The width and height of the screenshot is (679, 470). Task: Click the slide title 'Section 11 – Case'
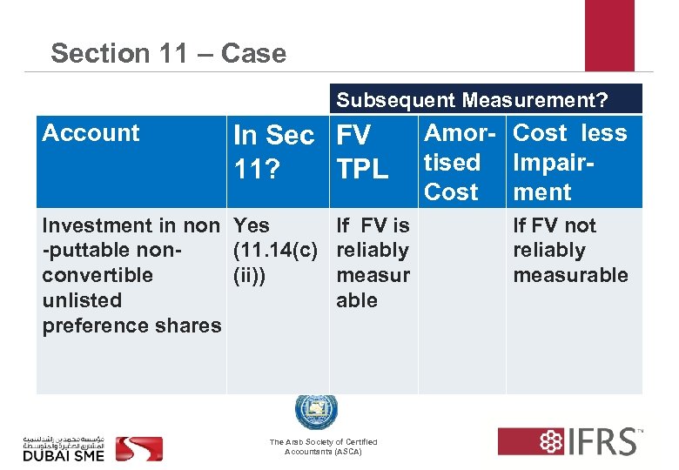point(168,53)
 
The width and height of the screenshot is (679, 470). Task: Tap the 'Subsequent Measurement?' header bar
point(472,99)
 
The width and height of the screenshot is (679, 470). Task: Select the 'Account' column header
point(91,133)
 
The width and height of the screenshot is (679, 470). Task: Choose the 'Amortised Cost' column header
point(452,162)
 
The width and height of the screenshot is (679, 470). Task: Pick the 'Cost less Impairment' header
point(569,162)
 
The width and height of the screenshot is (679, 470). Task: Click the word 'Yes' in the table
point(252,225)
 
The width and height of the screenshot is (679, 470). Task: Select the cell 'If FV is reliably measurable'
point(373,263)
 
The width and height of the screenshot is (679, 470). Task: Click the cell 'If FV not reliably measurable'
point(570,251)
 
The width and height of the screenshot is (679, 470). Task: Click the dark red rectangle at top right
point(609,35)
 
